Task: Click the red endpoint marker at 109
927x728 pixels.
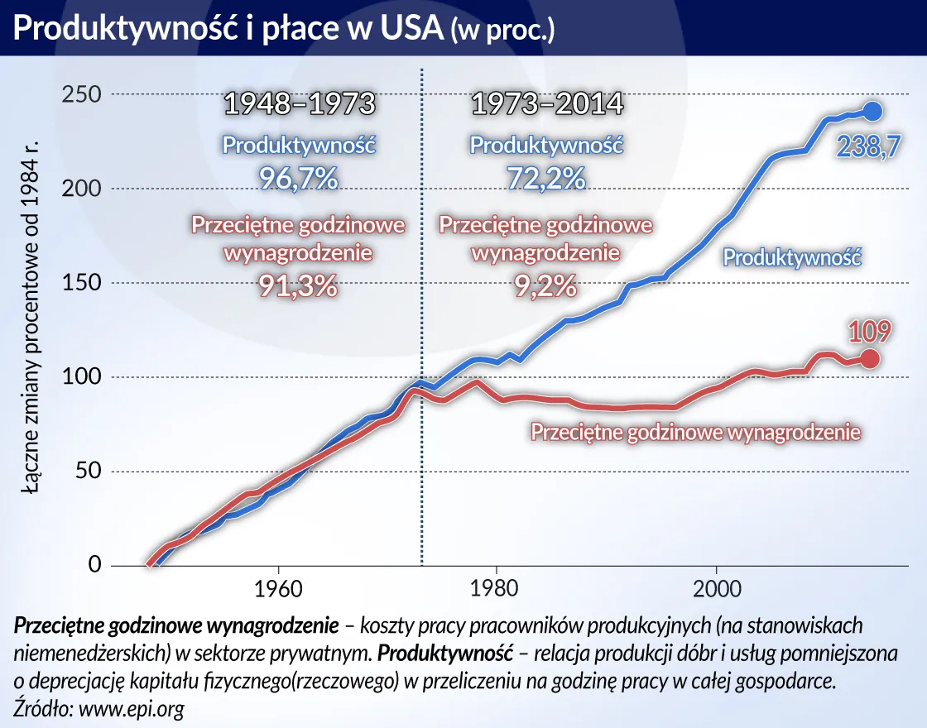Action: [870, 358]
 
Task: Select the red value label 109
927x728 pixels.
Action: [869, 332]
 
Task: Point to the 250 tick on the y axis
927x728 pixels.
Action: [81, 94]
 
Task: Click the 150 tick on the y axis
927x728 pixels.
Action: [81, 283]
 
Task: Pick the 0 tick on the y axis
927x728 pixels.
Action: [94, 566]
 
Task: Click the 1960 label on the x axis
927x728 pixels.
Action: [278, 592]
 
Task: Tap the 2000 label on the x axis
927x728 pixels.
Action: [716, 592]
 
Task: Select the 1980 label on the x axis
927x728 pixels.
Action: [496, 592]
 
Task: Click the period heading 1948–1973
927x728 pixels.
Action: [300, 105]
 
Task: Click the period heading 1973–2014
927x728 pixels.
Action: [546, 105]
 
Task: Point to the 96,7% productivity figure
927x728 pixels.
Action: [300, 178]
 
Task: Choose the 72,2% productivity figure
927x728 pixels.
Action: [546, 178]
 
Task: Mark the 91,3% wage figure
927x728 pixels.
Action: [298, 285]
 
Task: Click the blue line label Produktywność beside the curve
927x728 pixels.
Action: [793, 257]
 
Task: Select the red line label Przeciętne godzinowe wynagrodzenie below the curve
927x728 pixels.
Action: [695, 432]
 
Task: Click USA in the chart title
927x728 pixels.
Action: [405, 30]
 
